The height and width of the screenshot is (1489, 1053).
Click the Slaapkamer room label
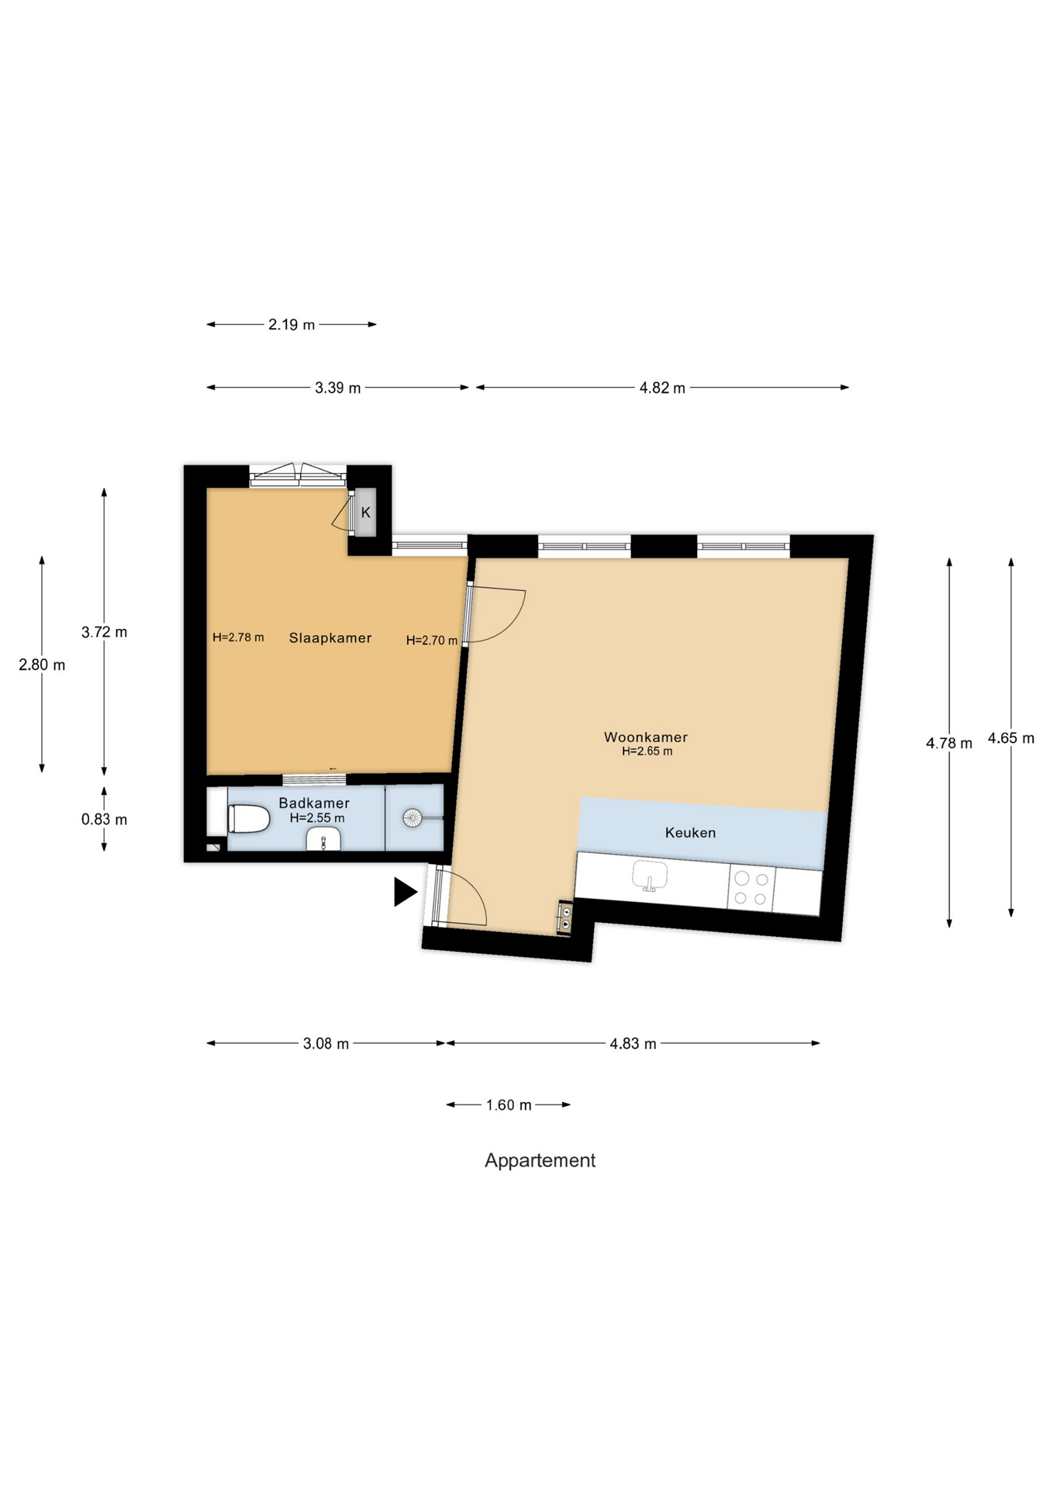pyautogui.click(x=330, y=637)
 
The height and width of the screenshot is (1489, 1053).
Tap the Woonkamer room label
pyautogui.click(x=646, y=737)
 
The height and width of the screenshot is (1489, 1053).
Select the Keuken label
pyautogui.click(x=690, y=832)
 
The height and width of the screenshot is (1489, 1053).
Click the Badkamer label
pyautogui.click(x=314, y=803)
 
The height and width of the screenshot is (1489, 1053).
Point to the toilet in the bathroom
pyautogui.click(x=248, y=818)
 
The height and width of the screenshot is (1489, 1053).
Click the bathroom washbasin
pyautogui.click(x=323, y=839)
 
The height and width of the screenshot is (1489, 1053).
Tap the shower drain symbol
pyautogui.click(x=413, y=817)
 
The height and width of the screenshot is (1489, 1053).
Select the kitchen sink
pyautogui.click(x=650, y=876)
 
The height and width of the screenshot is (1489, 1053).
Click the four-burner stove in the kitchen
pyautogui.click(x=751, y=888)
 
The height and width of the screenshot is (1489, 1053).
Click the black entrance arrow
pyautogui.click(x=405, y=892)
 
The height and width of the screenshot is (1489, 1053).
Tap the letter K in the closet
pyautogui.click(x=366, y=512)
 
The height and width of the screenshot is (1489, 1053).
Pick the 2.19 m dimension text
pyautogui.click(x=292, y=324)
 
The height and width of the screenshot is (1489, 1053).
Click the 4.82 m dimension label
pyautogui.click(x=662, y=387)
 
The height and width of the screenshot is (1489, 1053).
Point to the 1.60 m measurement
pyautogui.click(x=509, y=1104)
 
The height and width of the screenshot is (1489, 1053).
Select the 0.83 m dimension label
pyautogui.click(x=104, y=819)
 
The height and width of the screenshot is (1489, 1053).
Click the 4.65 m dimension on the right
pyautogui.click(x=1010, y=738)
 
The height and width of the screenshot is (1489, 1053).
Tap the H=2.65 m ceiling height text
pyautogui.click(x=647, y=751)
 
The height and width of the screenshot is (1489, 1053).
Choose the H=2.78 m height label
pyautogui.click(x=238, y=637)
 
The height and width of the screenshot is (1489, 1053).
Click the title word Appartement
pyautogui.click(x=540, y=1161)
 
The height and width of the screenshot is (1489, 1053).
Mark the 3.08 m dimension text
pyautogui.click(x=326, y=1043)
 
